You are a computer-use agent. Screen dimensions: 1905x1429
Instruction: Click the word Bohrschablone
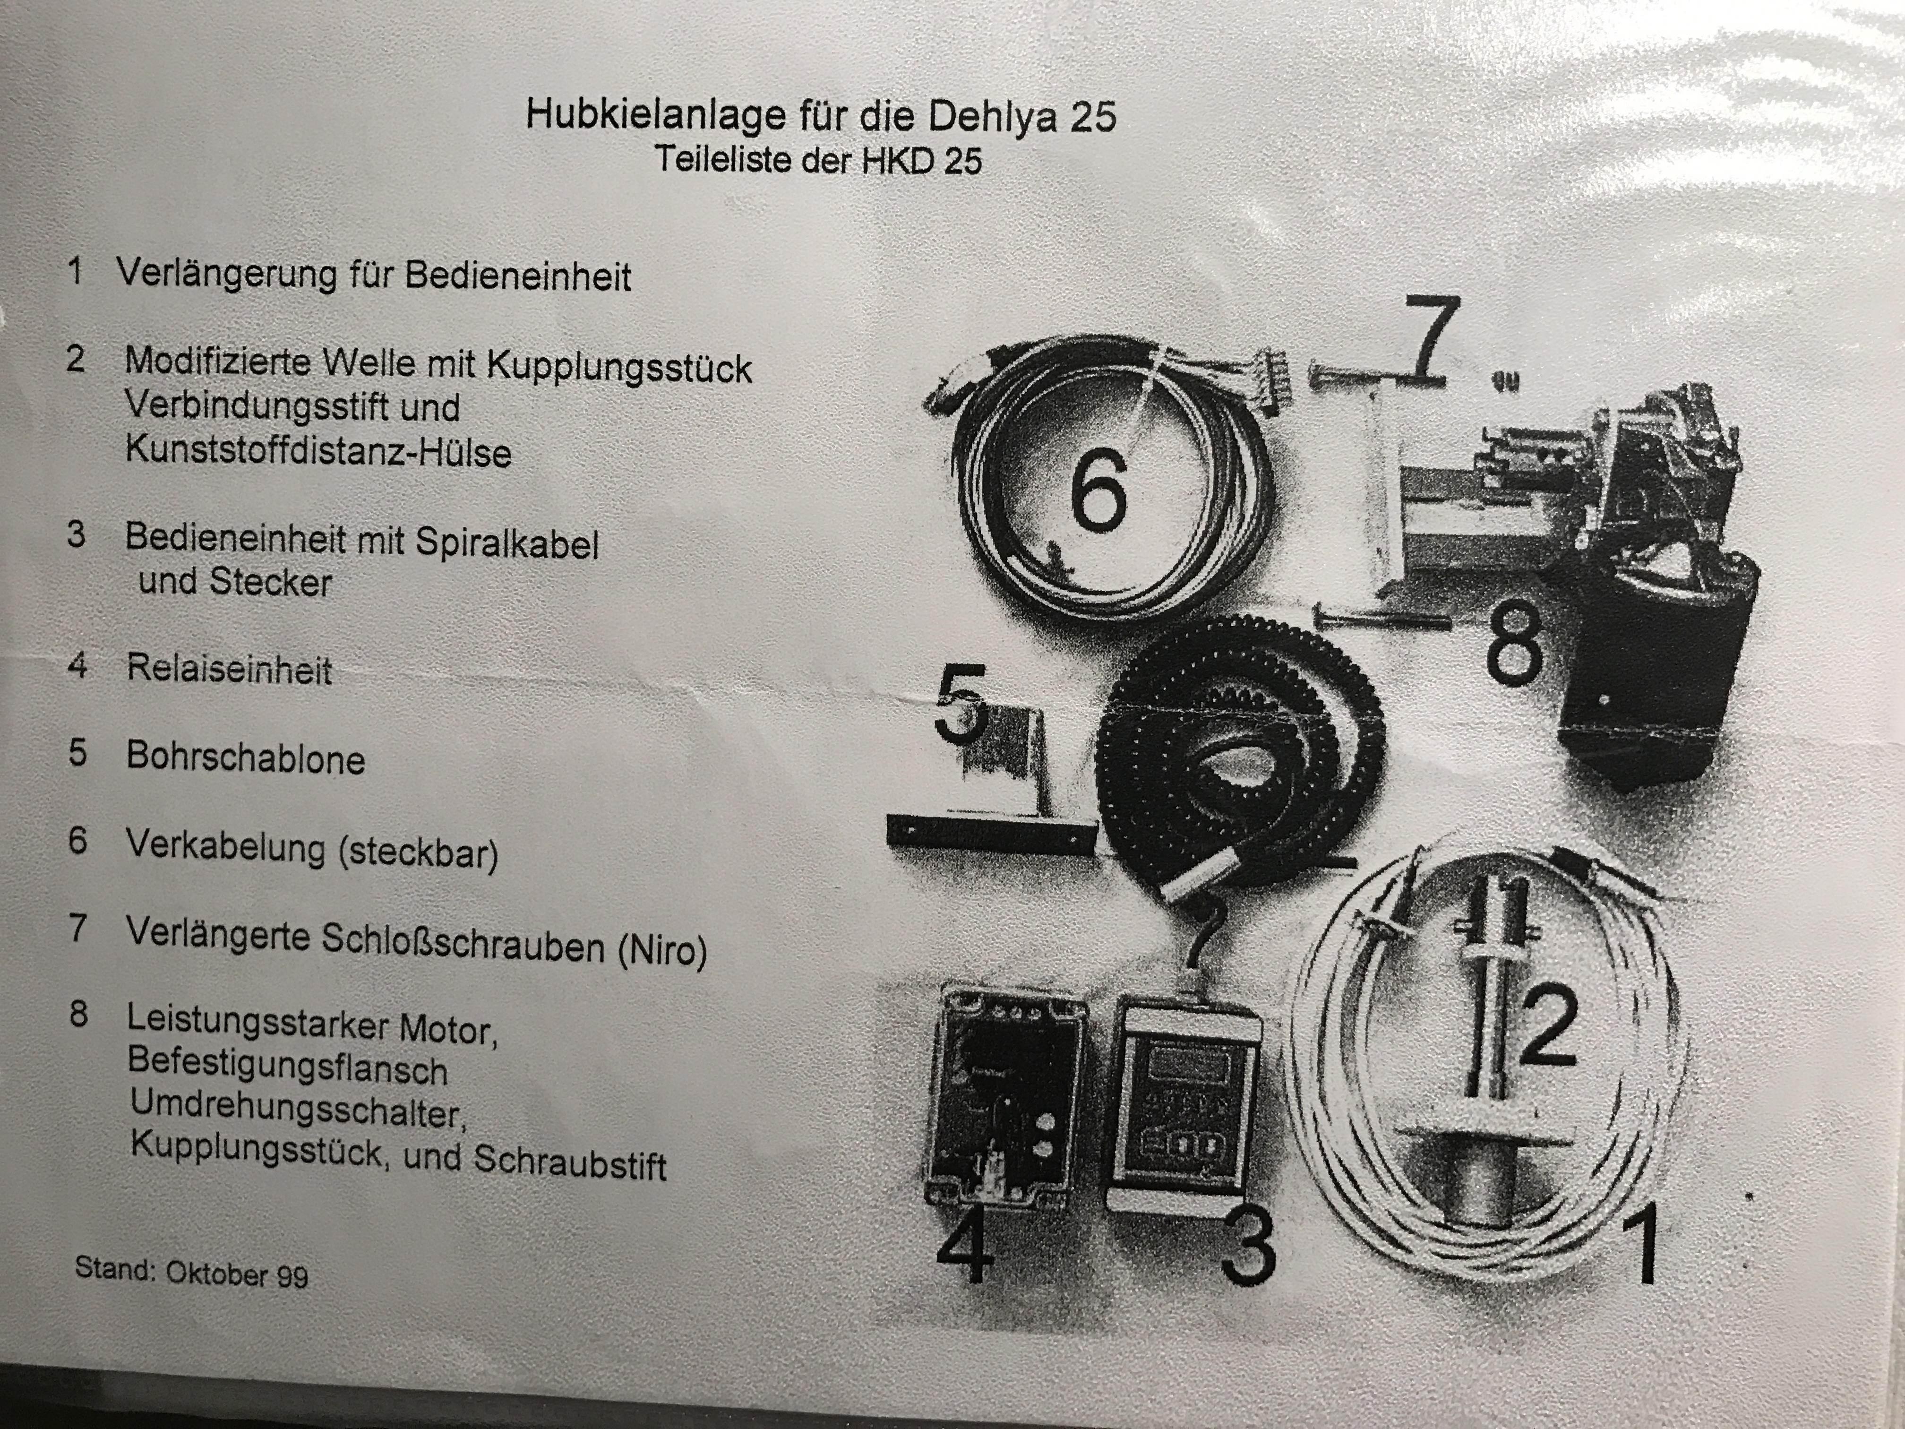(x=245, y=758)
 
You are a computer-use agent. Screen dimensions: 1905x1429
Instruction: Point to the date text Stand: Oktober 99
(x=191, y=1271)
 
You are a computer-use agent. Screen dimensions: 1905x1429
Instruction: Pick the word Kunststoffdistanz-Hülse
(x=318, y=451)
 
